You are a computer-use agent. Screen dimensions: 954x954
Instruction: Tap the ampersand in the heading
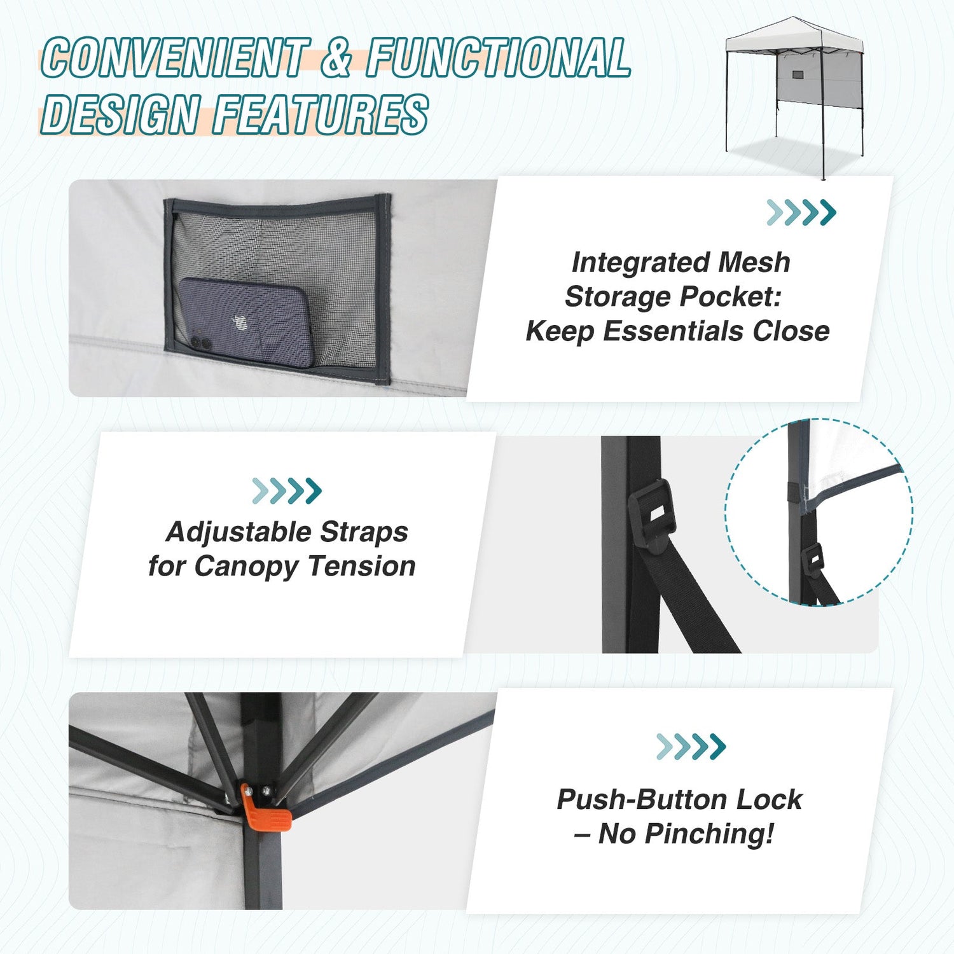pyautogui.click(x=337, y=57)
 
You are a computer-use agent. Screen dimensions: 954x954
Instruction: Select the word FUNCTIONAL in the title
pyautogui.click(x=498, y=57)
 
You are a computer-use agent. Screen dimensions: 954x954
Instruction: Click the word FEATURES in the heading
pyautogui.click(x=321, y=114)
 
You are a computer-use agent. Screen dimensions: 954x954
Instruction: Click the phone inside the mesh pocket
pyautogui.click(x=244, y=322)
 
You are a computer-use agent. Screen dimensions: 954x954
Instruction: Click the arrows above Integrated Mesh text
pyautogui.click(x=801, y=212)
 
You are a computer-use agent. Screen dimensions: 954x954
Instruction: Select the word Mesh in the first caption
pyautogui.click(x=754, y=262)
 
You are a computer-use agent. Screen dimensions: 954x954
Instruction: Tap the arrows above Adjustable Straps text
pyautogui.click(x=287, y=491)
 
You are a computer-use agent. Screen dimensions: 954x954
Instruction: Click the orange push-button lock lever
pyautogui.click(x=265, y=809)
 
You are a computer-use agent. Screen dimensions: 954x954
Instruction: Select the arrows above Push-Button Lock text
pyautogui.click(x=691, y=747)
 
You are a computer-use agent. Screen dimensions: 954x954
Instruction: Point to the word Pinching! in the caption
pyautogui.click(x=710, y=834)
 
